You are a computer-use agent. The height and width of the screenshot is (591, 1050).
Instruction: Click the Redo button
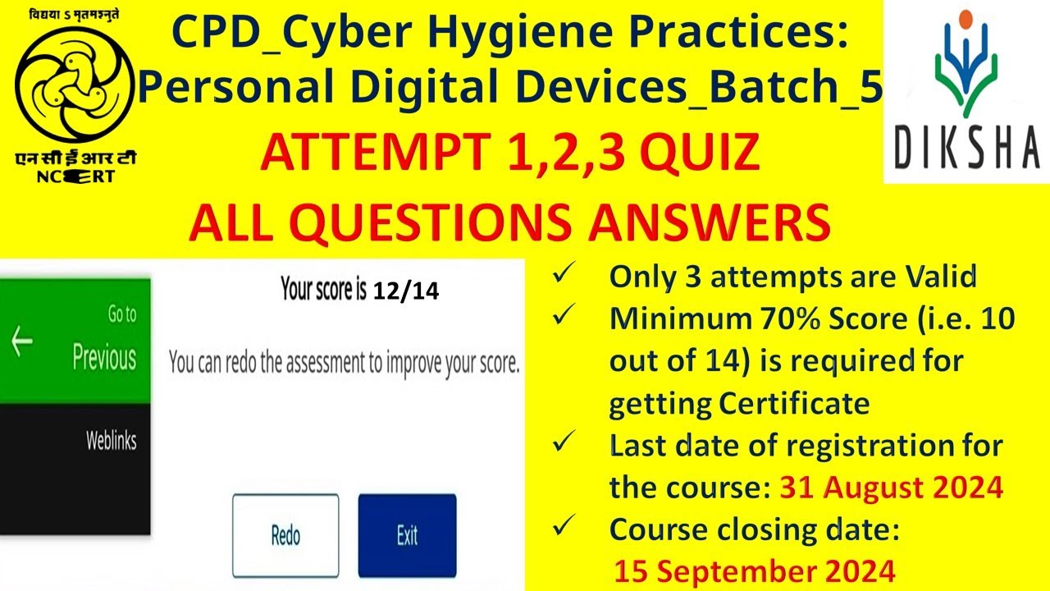(x=285, y=535)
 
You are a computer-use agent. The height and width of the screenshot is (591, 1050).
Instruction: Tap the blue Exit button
(x=407, y=535)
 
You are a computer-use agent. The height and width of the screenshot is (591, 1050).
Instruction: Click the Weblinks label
(x=111, y=441)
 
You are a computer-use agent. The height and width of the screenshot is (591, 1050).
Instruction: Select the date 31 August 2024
(x=891, y=488)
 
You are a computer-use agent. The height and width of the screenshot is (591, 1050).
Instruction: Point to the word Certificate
(x=793, y=404)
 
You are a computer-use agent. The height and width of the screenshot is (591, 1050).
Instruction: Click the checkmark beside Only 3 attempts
(x=563, y=277)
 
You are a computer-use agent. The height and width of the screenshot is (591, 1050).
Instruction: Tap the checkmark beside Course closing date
(x=563, y=529)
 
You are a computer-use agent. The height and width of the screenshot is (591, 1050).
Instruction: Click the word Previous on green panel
(x=104, y=358)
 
